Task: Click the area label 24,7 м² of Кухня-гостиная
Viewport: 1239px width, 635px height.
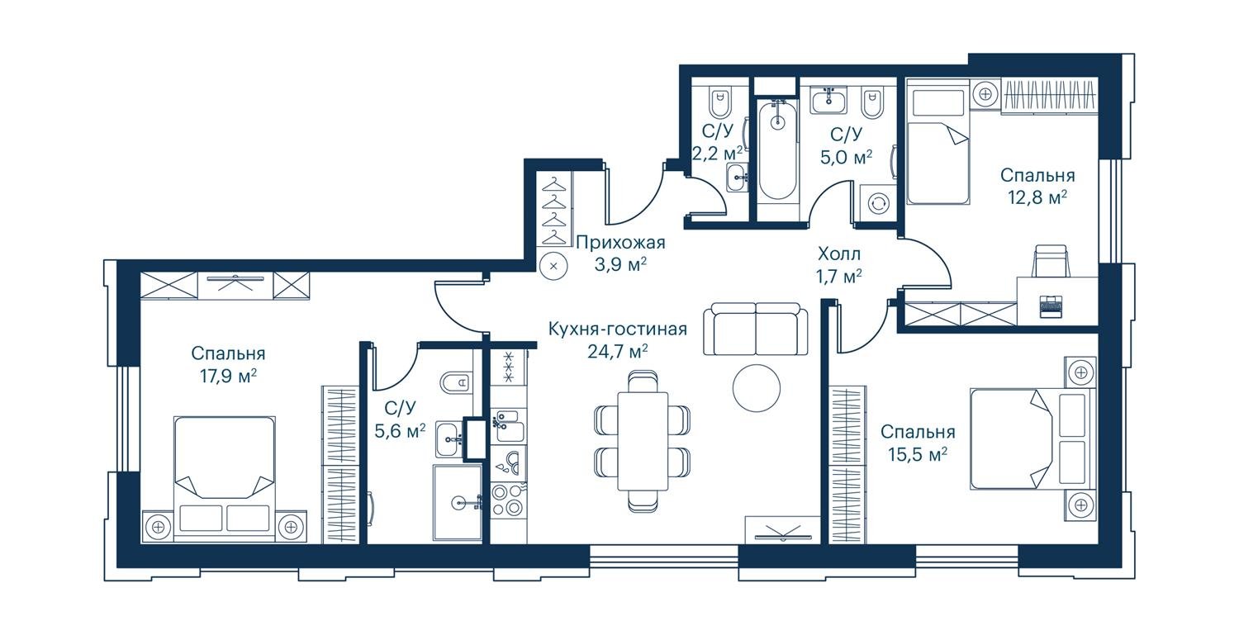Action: click(618, 351)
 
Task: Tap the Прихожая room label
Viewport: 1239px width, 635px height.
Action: click(620, 242)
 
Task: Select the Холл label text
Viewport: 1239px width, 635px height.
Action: click(839, 254)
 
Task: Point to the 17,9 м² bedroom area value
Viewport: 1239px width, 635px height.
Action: click(229, 377)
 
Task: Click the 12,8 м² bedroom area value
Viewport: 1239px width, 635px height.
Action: click(1037, 197)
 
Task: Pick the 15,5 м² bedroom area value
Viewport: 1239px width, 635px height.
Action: click(918, 455)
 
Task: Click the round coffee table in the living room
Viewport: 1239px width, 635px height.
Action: click(756, 388)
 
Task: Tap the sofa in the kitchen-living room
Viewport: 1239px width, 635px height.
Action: click(755, 329)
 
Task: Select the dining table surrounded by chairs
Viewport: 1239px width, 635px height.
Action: click(643, 441)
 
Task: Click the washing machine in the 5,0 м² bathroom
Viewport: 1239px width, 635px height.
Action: click(878, 201)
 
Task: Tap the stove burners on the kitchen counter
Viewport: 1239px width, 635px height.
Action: click(508, 500)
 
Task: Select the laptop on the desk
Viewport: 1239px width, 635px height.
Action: click(1051, 306)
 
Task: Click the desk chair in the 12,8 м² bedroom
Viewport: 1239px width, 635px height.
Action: click(1051, 261)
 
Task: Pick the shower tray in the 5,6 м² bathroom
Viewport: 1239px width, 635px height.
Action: click(458, 502)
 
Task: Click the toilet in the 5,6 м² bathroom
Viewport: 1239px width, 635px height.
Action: click(456, 381)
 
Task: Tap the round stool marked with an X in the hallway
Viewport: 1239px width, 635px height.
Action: click(553, 266)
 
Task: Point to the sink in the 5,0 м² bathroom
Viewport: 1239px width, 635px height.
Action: click(828, 100)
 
